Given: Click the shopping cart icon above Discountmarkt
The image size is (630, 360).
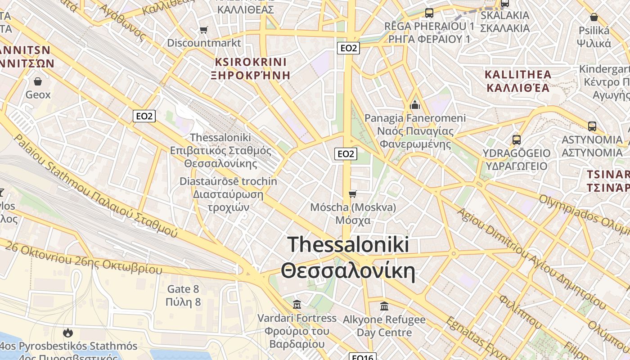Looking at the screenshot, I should pos(204,30).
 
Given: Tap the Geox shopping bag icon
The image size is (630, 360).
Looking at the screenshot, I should pos(38,81).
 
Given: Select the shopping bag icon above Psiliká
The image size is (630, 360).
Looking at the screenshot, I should pos(594,18).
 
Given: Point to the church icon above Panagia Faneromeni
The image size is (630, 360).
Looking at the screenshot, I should pos(414,105).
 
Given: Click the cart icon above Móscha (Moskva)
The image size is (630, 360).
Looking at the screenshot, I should pos(353,194).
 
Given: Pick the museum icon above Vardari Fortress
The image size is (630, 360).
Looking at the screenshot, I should pos(297,305).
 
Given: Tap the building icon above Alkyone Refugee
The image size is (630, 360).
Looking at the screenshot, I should pos(384,306).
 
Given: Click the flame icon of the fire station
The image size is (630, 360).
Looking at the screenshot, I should pos(68,333).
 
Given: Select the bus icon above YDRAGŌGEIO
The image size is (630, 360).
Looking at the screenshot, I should pos(516,140).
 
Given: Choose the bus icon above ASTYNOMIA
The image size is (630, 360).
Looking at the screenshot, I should pos(592,126).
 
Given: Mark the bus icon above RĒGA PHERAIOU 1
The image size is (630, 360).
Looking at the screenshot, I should pos(429,13).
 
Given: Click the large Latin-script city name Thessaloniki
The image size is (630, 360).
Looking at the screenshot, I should pos(348,244).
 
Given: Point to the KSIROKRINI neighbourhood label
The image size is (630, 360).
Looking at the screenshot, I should pos(251,62).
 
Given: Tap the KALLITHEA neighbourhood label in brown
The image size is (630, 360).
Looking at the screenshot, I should pos(517,74).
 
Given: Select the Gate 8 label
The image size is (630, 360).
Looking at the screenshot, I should pos(183,289).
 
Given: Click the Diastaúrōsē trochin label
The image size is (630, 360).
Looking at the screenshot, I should pos(228,181).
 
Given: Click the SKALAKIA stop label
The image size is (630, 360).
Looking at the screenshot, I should pos(505,15).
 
